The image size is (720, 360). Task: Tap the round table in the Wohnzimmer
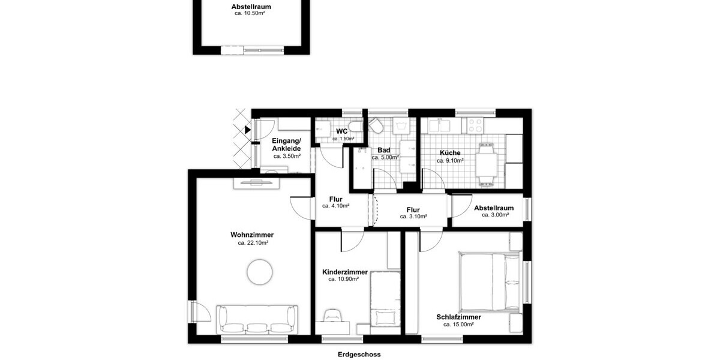(x=260, y=272)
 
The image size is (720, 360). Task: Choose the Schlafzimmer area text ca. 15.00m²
(x=458, y=325)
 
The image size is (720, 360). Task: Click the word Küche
(x=449, y=153)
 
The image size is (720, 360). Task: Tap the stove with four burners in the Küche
(x=475, y=125)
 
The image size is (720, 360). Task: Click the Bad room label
(x=384, y=151)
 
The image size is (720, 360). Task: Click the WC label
(x=341, y=131)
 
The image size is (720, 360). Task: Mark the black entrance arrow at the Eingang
(x=248, y=129)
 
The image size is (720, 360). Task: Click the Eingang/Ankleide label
(x=287, y=145)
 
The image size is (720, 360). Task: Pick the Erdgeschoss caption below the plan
(x=359, y=355)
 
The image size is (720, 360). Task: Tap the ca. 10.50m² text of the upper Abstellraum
(x=251, y=13)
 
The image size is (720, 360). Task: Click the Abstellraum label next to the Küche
(x=494, y=208)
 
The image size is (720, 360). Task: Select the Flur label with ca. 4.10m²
(x=335, y=200)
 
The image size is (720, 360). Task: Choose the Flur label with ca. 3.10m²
(x=414, y=210)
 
